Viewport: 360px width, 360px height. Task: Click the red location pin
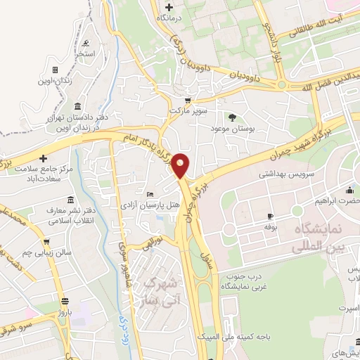click(x=181, y=165)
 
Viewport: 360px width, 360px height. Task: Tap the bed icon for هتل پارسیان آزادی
click(x=149, y=195)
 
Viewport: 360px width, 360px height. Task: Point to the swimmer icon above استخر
click(x=86, y=42)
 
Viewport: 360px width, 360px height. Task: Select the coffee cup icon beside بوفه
click(x=270, y=217)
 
